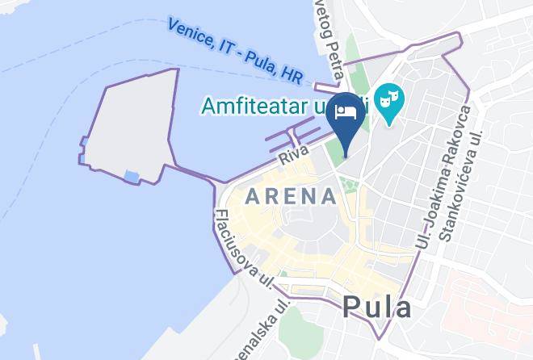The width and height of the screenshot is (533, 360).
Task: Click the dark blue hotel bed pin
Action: pos(346,114)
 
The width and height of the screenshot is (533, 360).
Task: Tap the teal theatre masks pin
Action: pos(391,103)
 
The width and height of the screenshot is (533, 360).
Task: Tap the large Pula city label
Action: pos(376,307)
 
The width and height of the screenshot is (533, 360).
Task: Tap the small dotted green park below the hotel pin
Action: pos(350,185)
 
